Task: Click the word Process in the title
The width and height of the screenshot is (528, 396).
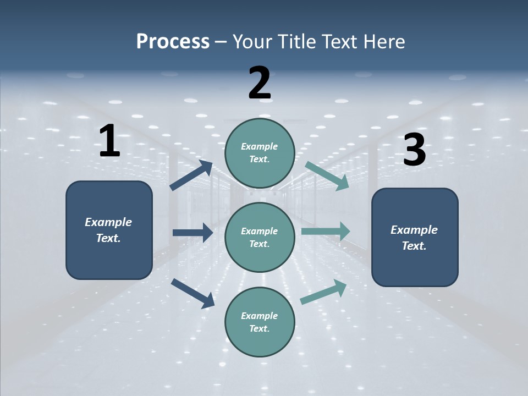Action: point(173,42)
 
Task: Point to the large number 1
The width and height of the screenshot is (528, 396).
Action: point(109,141)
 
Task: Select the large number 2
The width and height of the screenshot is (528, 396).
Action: point(260,83)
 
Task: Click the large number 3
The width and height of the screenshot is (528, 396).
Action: point(414,150)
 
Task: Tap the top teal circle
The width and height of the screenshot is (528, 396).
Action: point(260,152)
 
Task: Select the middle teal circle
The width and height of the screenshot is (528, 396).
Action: point(260,237)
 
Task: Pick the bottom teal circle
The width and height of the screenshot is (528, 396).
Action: point(260,322)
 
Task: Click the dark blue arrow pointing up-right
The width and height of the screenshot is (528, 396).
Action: point(191,175)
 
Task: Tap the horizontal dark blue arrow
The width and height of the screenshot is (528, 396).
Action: point(193,233)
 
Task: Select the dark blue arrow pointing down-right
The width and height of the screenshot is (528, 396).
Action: point(193,293)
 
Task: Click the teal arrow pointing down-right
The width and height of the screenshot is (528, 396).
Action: point(327,176)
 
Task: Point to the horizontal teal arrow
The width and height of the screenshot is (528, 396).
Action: point(326,231)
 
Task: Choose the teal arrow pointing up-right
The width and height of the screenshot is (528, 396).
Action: point(323,292)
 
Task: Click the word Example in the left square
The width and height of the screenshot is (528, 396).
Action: point(108,222)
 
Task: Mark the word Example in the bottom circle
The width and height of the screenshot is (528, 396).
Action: point(259,316)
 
